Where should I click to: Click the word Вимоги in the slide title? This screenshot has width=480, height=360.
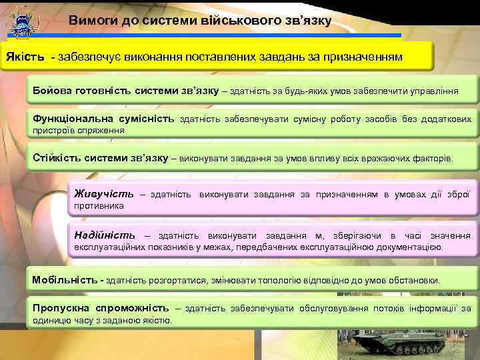93,21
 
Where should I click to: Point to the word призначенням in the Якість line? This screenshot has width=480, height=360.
365,57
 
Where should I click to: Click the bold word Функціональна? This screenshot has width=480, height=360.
73,119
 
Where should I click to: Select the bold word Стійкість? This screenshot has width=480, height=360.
60,158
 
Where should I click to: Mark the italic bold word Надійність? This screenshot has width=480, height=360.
105,235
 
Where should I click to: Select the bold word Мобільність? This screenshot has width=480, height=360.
64,280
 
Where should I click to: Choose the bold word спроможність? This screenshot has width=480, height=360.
135,308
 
